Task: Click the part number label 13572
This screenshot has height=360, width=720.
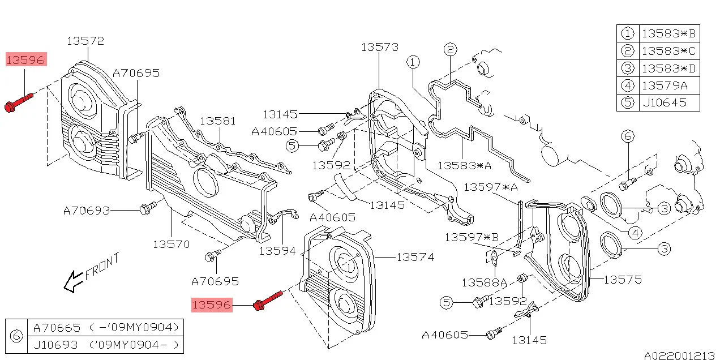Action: pyautogui.click(x=85, y=41)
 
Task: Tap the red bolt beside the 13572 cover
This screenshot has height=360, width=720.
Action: pyautogui.click(x=19, y=102)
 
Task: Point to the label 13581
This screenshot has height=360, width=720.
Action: pyautogui.click(x=218, y=121)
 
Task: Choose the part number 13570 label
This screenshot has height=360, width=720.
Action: pyautogui.click(x=172, y=245)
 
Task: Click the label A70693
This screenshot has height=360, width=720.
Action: pyautogui.click(x=87, y=211)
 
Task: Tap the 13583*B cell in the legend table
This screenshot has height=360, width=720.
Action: pyautogui.click(x=669, y=33)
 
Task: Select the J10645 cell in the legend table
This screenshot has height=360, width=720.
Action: pyautogui.click(x=665, y=102)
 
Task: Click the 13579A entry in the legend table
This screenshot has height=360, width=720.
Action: pyautogui.click(x=665, y=85)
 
